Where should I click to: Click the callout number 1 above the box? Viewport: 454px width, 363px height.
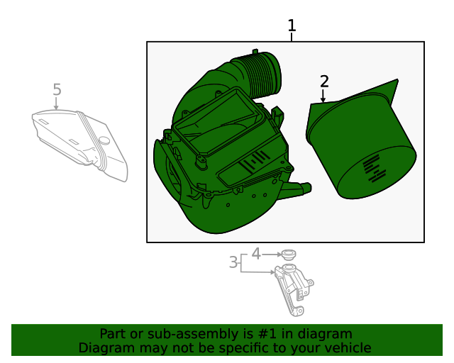(292, 26)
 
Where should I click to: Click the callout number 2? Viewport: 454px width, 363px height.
(324, 82)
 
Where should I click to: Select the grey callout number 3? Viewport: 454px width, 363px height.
(233, 262)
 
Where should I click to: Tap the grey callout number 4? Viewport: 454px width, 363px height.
(256, 254)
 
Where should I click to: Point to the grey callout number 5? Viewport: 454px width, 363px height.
(57, 89)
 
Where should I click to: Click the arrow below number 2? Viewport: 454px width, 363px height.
(323, 96)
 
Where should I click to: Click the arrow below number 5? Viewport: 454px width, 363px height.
(56, 104)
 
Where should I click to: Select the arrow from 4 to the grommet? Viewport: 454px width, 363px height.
(272, 255)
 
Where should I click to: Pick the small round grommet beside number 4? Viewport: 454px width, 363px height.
(289, 255)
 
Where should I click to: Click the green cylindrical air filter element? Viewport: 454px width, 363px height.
(361, 139)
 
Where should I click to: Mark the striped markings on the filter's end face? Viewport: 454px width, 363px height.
(375, 169)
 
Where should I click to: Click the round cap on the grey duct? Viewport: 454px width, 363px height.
(104, 140)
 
